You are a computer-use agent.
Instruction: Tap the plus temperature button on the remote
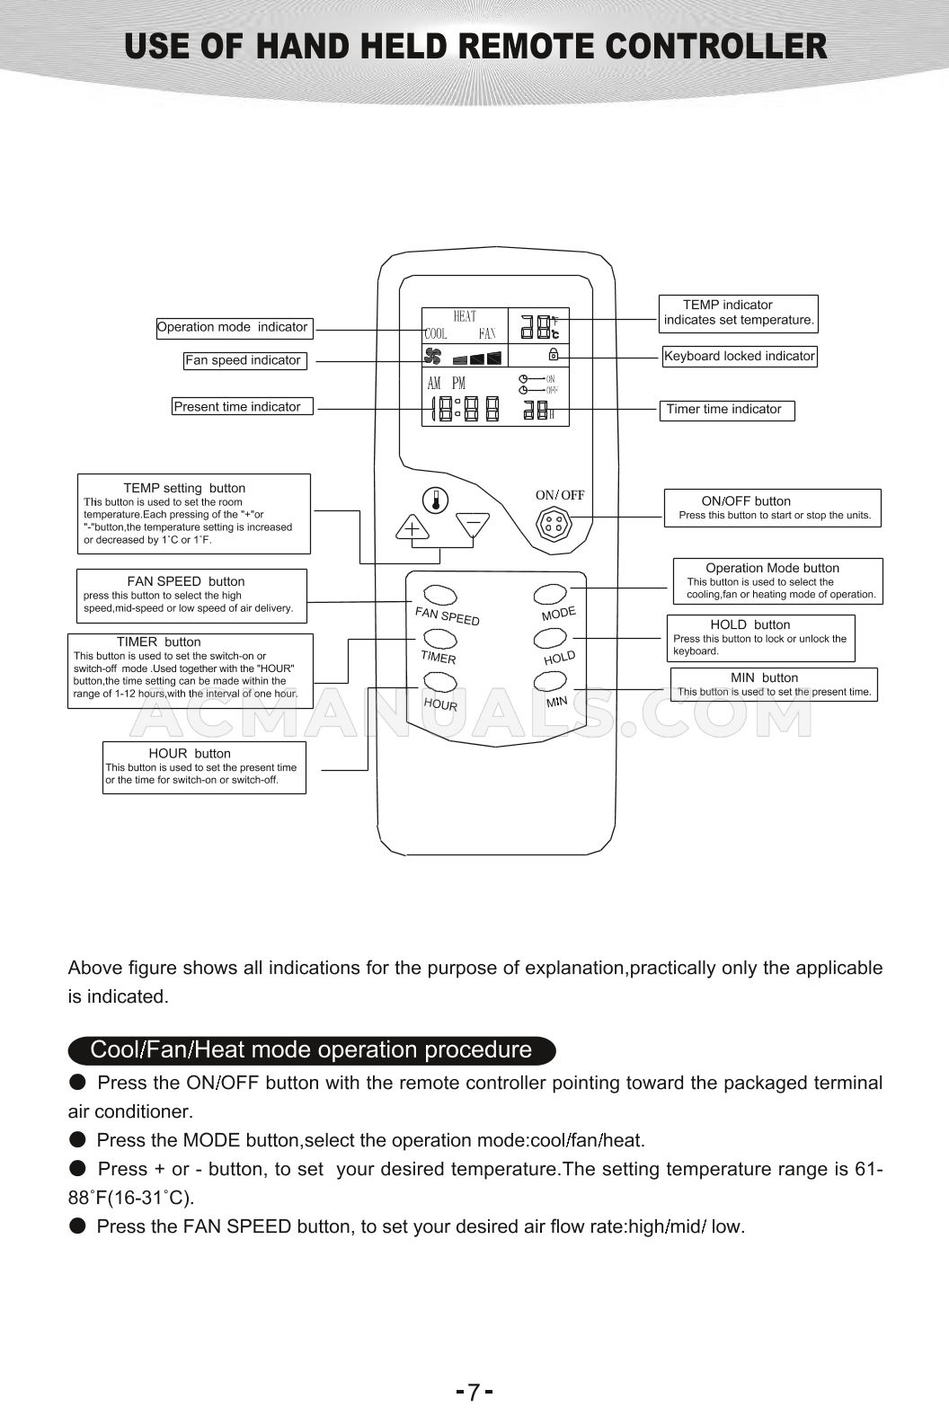(412, 527)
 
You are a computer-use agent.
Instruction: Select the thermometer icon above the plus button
(436, 499)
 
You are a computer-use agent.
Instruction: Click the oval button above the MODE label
(550, 594)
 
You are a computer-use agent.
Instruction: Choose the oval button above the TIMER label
(440, 638)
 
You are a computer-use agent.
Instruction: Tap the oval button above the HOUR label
(440, 681)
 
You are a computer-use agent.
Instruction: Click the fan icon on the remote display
(434, 356)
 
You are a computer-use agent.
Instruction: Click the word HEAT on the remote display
(465, 316)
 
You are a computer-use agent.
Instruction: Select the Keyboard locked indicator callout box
(739, 356)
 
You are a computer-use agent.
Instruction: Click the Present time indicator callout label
(243, 407)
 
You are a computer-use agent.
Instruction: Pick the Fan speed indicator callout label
(244, 360)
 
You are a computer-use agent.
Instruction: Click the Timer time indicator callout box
(727, 410)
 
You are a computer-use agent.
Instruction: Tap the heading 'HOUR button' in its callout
(190, 753)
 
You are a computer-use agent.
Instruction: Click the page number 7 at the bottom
(474, 1394)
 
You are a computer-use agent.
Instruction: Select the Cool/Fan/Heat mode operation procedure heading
(311, 1049)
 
